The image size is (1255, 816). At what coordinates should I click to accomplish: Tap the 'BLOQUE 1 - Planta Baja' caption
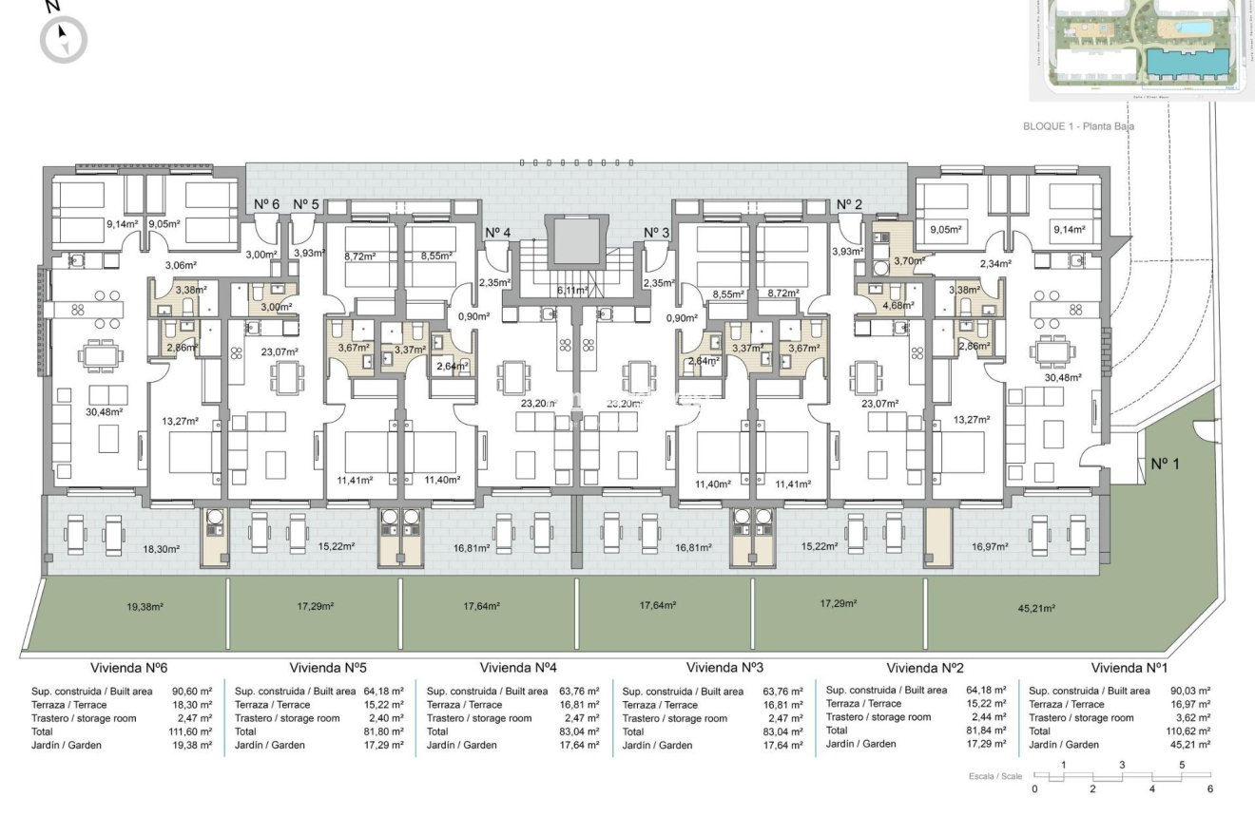[x=1079, y=125]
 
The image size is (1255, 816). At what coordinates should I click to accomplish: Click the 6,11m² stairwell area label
[x=572, y=290]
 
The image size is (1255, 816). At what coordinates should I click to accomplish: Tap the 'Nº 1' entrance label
[x=1165, y=465]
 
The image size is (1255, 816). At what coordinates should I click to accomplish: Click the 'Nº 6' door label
[x=266, y=204]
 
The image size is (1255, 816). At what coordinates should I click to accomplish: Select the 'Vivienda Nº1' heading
[x=1129, y=668]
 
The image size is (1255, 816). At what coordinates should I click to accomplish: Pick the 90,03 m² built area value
[x=1191, y=691]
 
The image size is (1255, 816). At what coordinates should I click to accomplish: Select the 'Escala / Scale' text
[x=995, y=776]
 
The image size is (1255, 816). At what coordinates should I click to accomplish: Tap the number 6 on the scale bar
[x=1210, y=788]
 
